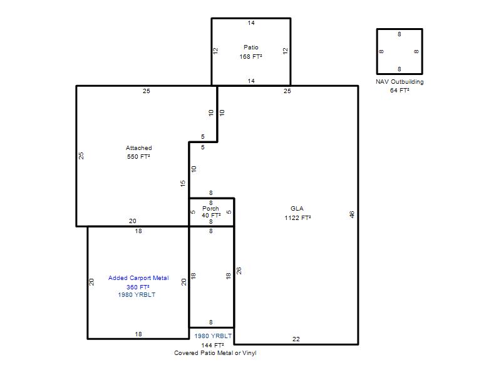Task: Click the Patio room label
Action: (x=251, y=47)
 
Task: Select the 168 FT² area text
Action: (x=251, y=56)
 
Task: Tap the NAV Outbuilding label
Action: (x=400, y=82)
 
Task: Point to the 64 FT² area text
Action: (x=400, y=90)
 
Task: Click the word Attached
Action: (x=138, y=148)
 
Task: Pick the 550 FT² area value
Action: (x=138, y=157)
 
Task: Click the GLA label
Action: (x=297, y=209)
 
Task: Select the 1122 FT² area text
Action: (x=297, y=217)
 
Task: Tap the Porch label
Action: (x=210, y=209)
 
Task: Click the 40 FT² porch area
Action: (x=211, y=216)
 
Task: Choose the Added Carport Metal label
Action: (x=138, y=278)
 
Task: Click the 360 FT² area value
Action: (x=138, y=287)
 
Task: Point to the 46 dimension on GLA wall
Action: (x=352, y=214)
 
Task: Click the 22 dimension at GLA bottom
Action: (x=296, y=339)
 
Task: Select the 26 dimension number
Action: (x=239, y=271)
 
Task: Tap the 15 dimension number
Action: (x=182, y=183)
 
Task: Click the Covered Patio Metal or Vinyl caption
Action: (x=215, y=353)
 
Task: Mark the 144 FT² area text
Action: (x=212, y=346)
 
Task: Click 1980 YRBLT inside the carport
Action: (x=137, y=295)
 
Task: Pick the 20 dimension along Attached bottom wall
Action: (x=133, y=221)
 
